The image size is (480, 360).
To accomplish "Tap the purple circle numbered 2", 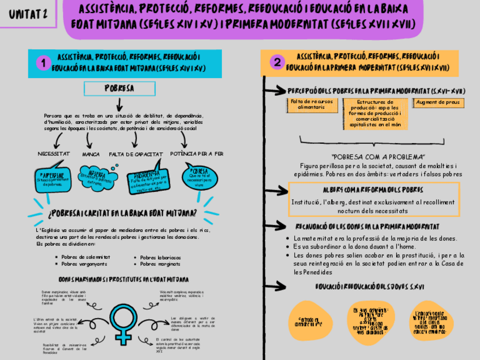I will click(276, 63).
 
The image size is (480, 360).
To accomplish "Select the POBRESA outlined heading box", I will click(119, 89).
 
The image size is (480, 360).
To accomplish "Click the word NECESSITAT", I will click(54, 154).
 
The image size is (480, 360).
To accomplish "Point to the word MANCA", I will click(91, 154).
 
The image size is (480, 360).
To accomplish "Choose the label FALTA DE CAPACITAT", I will click(136, 154).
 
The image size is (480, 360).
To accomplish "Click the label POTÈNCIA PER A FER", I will click(196, 153).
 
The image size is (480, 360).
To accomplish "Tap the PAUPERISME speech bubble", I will click(53, 178).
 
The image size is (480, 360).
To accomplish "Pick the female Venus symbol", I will click(123, 323).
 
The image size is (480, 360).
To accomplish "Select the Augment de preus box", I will click(437, 102).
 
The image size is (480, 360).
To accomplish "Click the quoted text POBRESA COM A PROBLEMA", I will click(378, 157).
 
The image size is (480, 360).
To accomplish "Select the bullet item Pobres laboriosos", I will click(161, 257).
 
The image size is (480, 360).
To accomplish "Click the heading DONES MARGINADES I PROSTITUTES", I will click(123, 280).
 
